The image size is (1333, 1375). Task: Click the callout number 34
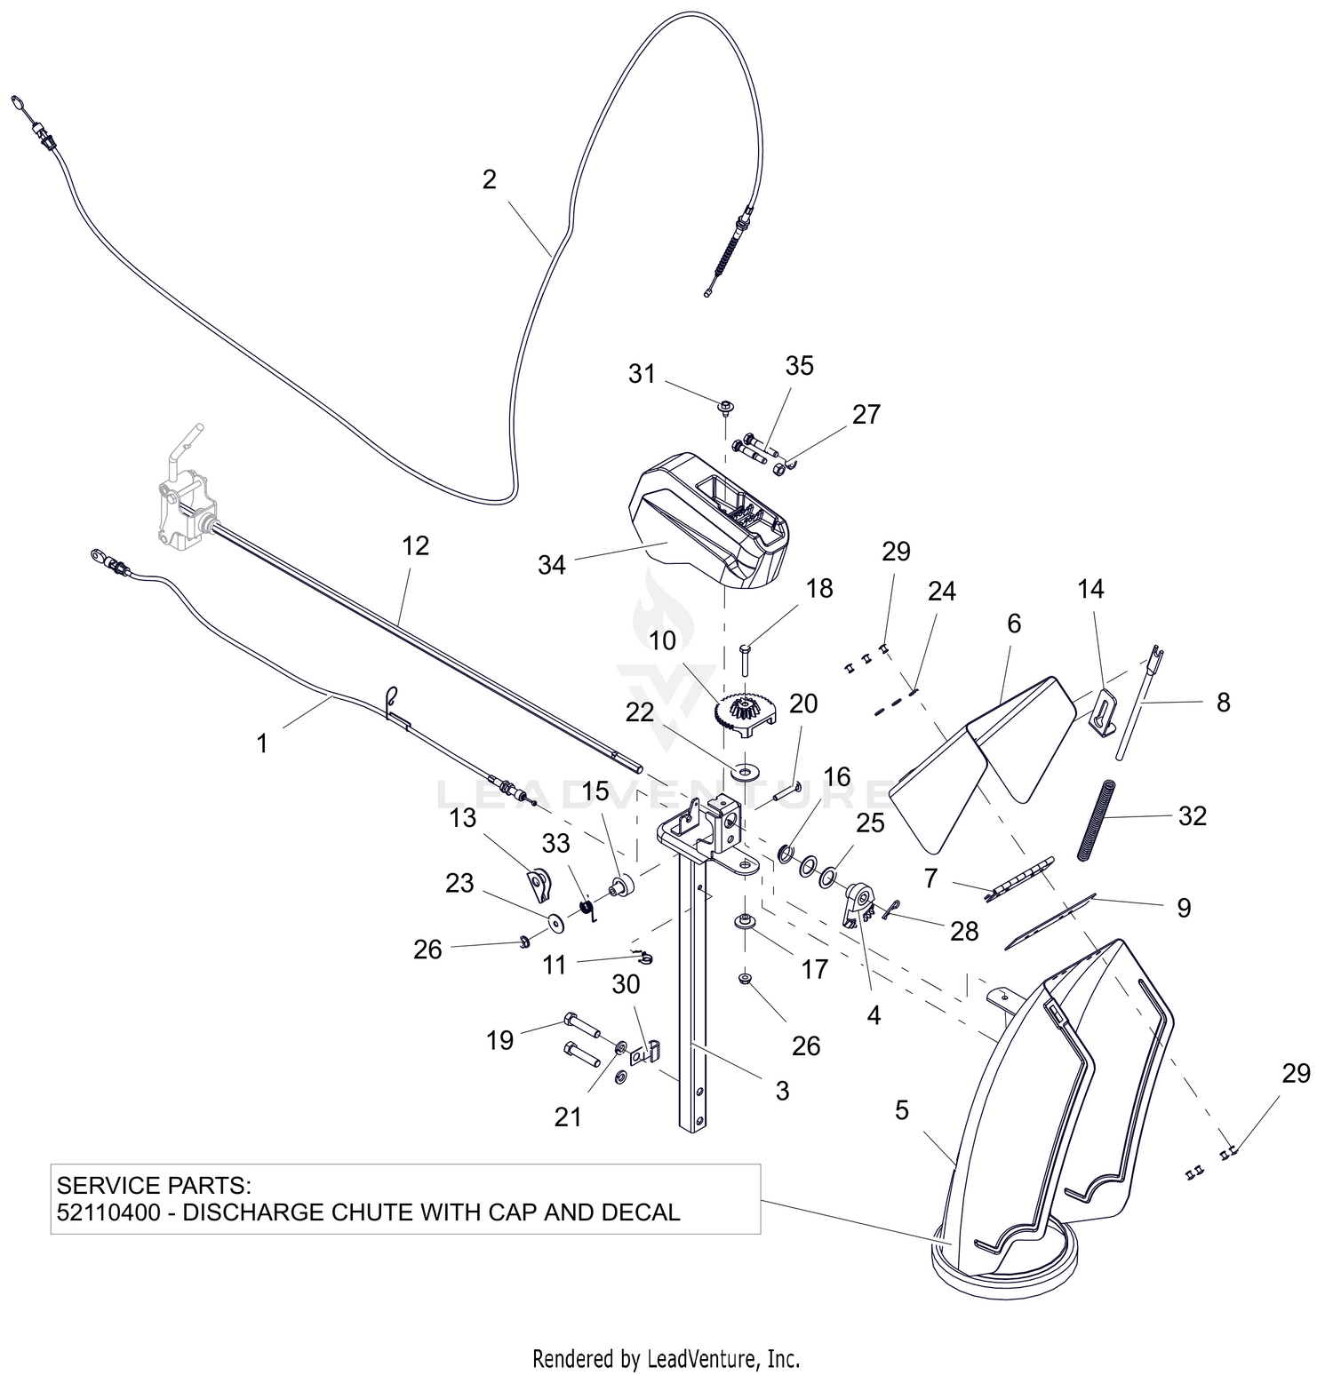552,564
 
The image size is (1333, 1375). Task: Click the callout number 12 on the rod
415,545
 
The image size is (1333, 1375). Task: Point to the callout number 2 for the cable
490,179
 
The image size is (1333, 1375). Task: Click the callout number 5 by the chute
902,1109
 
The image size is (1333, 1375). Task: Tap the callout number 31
642,374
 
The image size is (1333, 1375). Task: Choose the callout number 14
1091,589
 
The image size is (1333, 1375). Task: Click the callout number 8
1224,702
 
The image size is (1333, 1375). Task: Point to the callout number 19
500,1039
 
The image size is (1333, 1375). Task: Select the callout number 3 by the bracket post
782,1091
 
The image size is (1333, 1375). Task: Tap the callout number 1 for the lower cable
261,743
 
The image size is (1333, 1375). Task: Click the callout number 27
866,414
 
